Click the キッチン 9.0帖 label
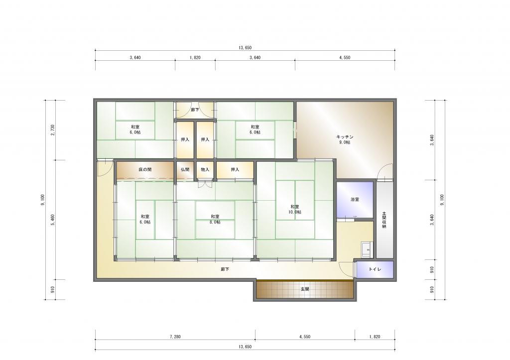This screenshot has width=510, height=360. [x=345, y=140]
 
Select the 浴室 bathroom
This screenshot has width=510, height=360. [x=355, y=199]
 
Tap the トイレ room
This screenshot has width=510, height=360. [x=375, y=269]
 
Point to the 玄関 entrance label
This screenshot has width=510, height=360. [x=305, y=289]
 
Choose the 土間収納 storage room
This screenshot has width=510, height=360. [x=385, y=220]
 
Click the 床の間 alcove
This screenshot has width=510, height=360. [x=145, y=170]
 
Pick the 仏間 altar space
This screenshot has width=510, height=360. [x=185, y=170]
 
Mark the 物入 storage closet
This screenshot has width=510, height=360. [x=205, y=170]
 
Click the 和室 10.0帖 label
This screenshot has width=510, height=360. [x=295, y=209]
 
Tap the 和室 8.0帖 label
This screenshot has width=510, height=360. [x=215, y=219]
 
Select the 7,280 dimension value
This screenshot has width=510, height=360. [x=175, y=337]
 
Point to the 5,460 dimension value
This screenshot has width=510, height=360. [x=53, y=220]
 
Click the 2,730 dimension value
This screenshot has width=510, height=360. [x=53, y=130]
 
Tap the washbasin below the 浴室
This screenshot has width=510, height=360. [x=366, y=250]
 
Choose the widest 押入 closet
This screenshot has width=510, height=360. [x=235, y=170]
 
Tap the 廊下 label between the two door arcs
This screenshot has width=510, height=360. [x=195, y=110]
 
